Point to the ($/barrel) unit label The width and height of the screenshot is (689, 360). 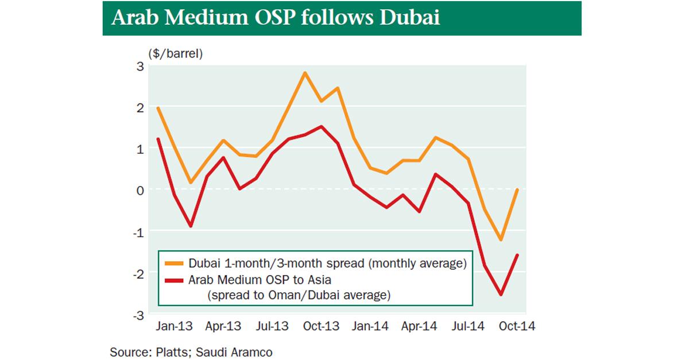tap(176, 54)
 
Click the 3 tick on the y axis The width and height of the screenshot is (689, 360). tap(140, 65)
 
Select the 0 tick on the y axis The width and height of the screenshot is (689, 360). tap(140, 190)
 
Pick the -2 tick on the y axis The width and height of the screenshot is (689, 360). tap(137, 273)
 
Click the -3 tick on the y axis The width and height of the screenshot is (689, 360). tap(137, 315)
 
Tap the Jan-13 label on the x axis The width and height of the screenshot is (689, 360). tap(173, 326)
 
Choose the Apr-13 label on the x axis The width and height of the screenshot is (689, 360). tap(223, 326)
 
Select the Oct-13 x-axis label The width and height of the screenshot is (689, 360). tap(321, 326)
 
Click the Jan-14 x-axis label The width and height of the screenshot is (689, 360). tap(370, 326)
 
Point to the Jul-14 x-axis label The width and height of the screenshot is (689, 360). tap(469, 326)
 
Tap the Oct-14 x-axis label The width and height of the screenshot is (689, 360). tap(517, 326)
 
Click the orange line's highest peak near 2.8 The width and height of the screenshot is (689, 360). tap(305, 73)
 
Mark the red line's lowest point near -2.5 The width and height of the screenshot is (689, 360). tap(501, 295)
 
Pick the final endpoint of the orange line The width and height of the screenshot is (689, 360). tap(518, 189)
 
